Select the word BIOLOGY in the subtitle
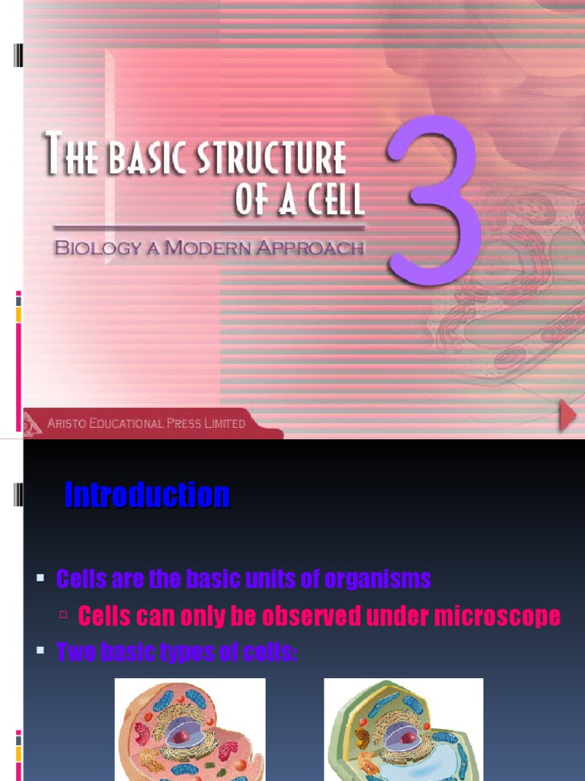pyautogui.click(x=99, y=248)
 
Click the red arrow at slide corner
pyautogui.click(x=567, y=416)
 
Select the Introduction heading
pyautogui.click(x=147, y=496)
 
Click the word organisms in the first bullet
pyautogui.click(x=377, y=580)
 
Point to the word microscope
pyautogui.click(x=497, y=616)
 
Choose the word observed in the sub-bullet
pyautogui.click(x=300, y=616)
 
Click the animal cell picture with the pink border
pyautogui.click(x=190, y=729)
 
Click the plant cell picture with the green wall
pyautogui.click(x=403, y=729)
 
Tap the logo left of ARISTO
pyautogui.click(x=33, y=423)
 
